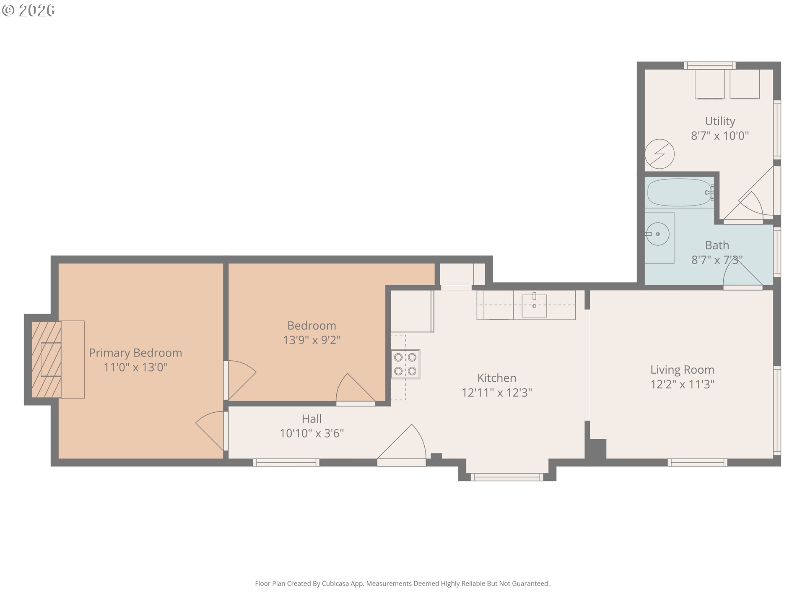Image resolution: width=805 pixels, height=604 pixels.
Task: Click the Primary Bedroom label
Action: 135,353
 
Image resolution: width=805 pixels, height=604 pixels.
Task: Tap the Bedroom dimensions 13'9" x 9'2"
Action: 312,340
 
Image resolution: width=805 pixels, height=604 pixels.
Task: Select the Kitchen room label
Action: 497,378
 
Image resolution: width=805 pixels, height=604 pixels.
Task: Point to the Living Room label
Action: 682,370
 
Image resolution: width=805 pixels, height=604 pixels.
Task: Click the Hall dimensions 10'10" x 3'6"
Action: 312,433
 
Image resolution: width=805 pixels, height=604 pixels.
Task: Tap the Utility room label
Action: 720,121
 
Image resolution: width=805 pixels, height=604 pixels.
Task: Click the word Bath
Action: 717,245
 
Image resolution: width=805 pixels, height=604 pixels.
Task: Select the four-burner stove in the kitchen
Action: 405,364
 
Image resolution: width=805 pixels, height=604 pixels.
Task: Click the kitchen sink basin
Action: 534,306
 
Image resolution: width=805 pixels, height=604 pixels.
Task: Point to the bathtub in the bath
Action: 680,193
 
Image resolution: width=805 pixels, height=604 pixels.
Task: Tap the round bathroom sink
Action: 657,234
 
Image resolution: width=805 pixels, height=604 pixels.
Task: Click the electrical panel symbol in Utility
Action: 660,154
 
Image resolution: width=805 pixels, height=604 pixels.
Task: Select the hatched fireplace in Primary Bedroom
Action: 47,359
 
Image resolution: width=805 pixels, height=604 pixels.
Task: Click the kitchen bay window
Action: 507,477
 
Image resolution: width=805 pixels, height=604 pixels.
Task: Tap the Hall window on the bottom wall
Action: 286,462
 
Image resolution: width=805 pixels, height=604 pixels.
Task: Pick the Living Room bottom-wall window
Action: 698,462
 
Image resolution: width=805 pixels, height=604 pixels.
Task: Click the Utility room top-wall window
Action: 709,65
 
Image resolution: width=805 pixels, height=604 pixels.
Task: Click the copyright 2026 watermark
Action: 28,10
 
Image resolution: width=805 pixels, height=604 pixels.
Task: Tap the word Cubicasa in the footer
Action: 335,583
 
